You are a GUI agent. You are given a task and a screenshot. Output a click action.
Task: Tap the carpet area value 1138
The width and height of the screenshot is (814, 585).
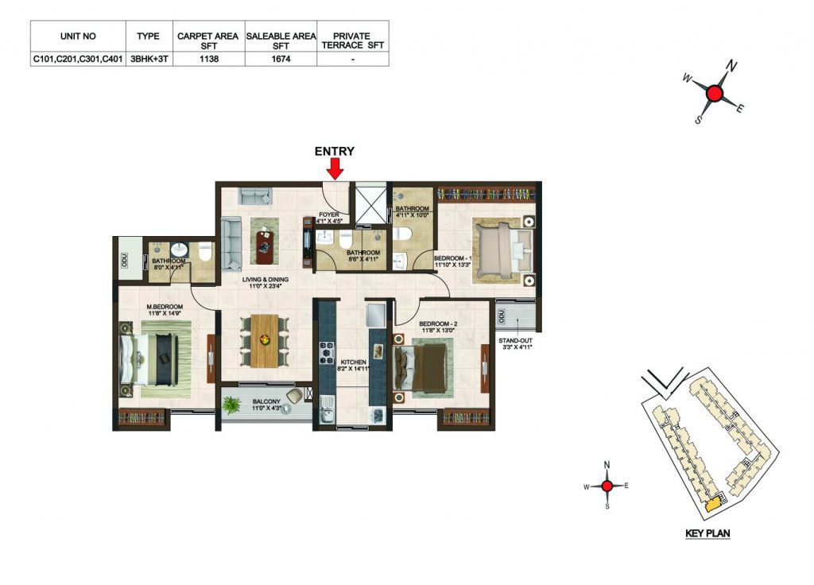209,59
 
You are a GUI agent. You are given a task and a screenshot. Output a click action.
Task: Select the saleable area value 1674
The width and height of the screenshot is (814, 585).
281,59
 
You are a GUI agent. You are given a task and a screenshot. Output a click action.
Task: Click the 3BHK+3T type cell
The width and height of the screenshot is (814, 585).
149,59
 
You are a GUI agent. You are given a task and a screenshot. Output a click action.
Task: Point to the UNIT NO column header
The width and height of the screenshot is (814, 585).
78,37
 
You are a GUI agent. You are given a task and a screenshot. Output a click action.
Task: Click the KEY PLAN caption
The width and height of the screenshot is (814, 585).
707,533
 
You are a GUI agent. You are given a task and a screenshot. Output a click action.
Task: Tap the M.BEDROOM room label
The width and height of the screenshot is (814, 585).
165,307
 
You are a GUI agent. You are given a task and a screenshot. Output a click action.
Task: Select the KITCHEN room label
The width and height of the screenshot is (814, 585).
354,362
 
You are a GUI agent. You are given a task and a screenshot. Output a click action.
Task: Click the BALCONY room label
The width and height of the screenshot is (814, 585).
266,401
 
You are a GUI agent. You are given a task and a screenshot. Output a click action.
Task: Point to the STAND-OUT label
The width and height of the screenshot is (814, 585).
515,341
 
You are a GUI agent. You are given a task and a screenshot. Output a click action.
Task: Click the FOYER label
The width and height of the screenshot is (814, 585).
328,215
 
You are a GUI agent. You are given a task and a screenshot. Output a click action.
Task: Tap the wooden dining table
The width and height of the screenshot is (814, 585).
264,340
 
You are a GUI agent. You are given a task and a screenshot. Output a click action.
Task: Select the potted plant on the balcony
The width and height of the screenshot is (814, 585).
231,405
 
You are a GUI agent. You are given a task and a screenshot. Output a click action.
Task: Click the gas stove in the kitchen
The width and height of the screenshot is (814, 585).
327,352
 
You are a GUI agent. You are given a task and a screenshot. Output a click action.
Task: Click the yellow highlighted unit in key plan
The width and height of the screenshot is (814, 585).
715,502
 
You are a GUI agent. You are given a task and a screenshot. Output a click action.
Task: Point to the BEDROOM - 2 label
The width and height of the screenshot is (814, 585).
438,323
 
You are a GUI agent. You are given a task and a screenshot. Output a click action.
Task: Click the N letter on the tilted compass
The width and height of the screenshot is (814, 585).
731,66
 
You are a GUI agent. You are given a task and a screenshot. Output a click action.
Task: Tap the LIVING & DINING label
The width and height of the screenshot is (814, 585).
265,279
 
